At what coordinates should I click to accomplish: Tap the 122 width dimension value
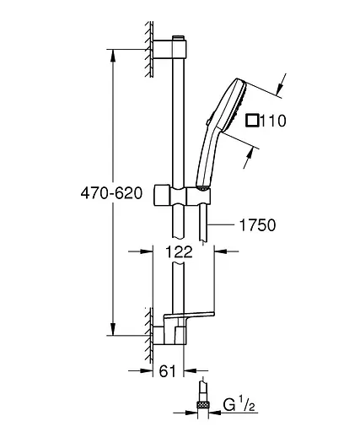(179, 251)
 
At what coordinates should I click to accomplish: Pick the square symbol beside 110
(250, 121)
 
